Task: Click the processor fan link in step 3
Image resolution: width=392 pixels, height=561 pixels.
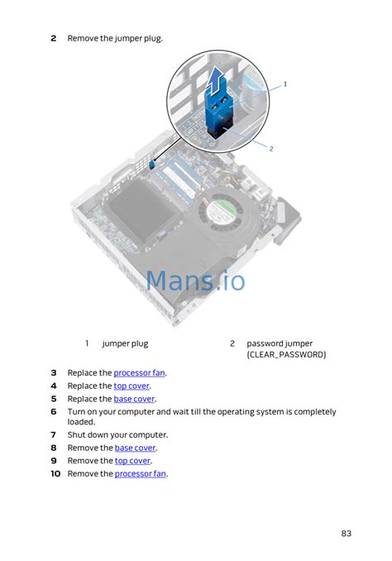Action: (140, 373)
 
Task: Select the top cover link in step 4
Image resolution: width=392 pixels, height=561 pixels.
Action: (131, 386)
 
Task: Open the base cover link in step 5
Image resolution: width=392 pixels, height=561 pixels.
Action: (134, 399)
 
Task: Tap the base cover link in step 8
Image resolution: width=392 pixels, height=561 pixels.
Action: (135, 448)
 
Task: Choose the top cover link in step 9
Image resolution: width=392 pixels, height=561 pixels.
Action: (132, 461)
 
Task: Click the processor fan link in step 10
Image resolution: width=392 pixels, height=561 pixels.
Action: (141, 473)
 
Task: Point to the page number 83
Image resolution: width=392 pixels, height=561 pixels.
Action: (346, 534)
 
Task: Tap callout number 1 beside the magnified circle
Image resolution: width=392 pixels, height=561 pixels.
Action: (285, 84)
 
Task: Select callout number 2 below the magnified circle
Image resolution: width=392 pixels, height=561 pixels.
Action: (271, 148)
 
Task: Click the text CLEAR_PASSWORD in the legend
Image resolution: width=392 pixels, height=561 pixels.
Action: (286, 355)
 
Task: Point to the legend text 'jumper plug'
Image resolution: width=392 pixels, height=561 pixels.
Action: (125, 344)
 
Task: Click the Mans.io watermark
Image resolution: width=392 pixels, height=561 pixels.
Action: (196, 280)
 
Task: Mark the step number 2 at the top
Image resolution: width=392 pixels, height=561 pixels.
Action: (54, 38)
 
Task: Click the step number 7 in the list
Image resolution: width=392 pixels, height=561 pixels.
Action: (53, 435)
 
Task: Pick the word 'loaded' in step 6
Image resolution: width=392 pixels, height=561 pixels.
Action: (81, 422)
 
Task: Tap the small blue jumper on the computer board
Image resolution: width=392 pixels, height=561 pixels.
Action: (151, 164)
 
